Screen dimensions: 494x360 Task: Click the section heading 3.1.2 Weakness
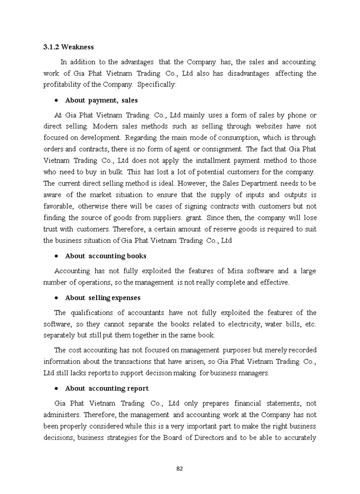tap(68, 47)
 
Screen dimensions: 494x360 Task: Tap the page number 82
tap(179, 468)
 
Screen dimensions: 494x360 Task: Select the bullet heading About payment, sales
tap(101, 100)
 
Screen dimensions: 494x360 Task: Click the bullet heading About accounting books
tap(105, 256)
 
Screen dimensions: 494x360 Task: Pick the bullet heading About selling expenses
tap(102, 298)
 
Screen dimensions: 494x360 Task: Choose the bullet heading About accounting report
tap(106, 389)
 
